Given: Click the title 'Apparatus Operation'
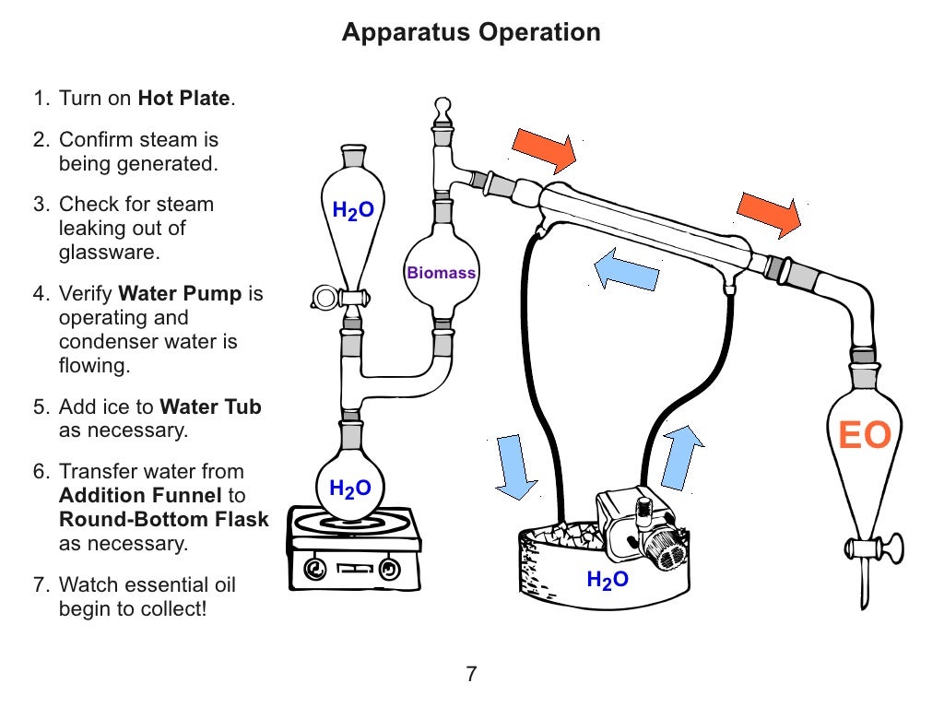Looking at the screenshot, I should click(x=471, y=32).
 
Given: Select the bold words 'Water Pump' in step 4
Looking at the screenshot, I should click(x=181, y=294).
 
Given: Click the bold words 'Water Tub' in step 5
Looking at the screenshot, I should click(x=210, y=407).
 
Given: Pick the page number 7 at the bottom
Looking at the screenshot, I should click(x=471, y=674).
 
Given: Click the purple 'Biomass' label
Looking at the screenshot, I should click(x=442, y=273).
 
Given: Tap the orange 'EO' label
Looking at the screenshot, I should click(x=864, y=436).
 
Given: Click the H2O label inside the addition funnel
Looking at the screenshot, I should click(x=353, y=211).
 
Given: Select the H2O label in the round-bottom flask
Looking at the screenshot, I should click(x=350, y=489).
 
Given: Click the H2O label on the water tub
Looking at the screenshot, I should click(x=608, y=580).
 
